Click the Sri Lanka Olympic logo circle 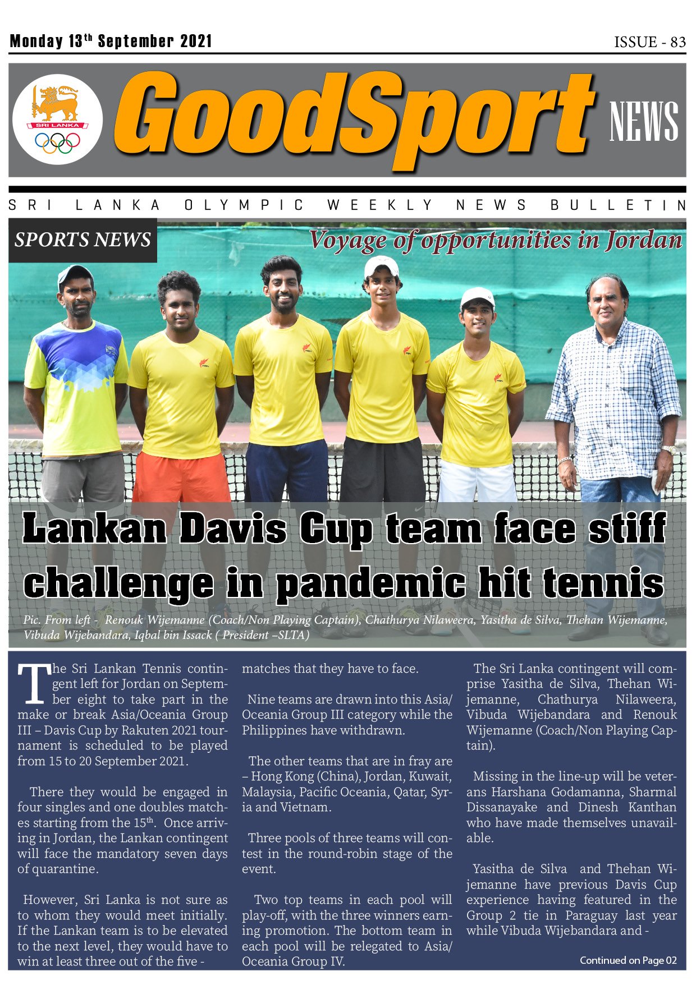[x=57, y=119]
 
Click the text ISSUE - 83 [x=649, y=42]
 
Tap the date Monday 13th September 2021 [x=111, y=41]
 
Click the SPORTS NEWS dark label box [x=83, y=240]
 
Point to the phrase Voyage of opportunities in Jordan [x=495, y=240]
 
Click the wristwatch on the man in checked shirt [x=668, y=449]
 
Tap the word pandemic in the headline [x=370, y=583]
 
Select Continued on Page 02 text [x=628, y=960]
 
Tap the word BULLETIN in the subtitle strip [x=617, y=205]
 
